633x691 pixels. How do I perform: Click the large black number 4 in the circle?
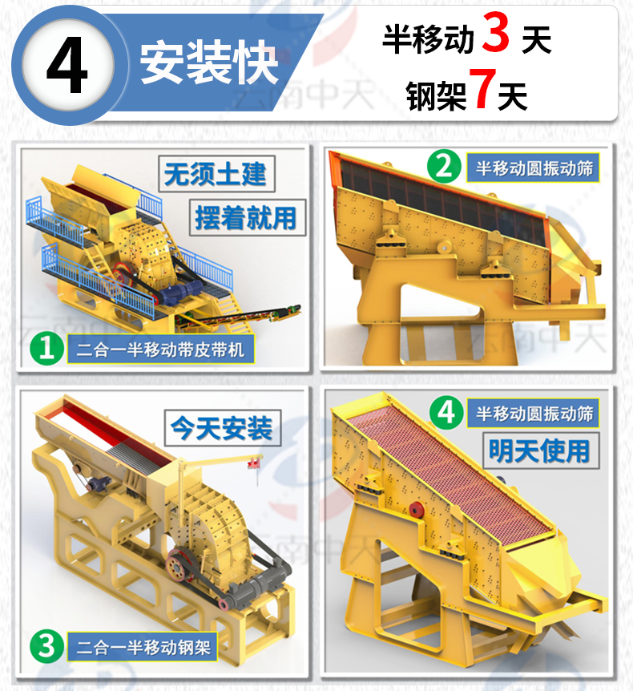(67, 65)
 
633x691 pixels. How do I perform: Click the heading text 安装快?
(209, 63)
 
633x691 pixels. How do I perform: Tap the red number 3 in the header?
(495, 32)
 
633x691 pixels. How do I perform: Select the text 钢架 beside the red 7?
(435, 95)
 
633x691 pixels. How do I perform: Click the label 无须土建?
(216, 174)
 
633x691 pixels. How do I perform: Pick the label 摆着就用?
(246, 218)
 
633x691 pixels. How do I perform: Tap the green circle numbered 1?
(46, 349)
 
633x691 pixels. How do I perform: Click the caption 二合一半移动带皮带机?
(160, 350)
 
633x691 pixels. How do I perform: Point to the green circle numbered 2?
(444, 167)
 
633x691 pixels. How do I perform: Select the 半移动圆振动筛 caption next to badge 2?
(534, 168)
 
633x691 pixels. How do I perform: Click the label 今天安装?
(222, 428)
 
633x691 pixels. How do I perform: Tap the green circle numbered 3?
(46, 646)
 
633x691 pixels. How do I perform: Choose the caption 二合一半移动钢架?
(143, 648)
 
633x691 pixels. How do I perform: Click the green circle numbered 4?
(446, 412)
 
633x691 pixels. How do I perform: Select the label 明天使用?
(540, 451)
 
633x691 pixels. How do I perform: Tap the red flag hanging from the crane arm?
(254, 463)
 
